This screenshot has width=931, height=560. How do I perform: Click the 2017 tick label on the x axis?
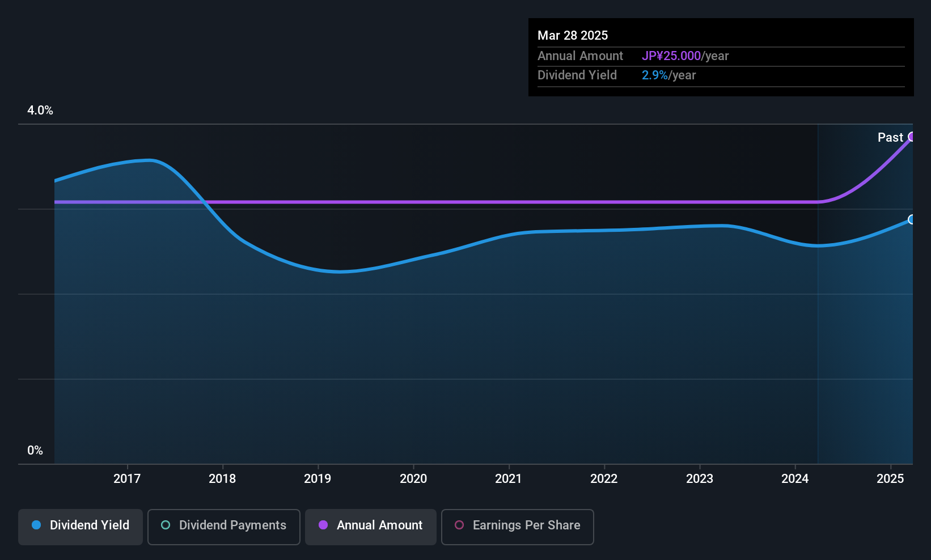coord(127,478)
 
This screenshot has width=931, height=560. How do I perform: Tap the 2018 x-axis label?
coord(222,478)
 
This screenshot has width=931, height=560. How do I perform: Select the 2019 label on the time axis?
coord(318,478)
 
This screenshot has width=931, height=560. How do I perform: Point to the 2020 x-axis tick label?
coord(413,478)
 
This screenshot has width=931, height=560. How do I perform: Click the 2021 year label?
coord(509,478)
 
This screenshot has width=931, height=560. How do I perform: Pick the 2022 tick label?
coord(604,478)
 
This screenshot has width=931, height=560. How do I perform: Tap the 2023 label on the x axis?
coord(700,478)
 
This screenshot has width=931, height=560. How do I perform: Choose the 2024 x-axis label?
coord(795,478)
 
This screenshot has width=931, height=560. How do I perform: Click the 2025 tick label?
coord(890,478)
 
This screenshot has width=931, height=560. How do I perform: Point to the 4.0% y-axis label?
coord(40,111)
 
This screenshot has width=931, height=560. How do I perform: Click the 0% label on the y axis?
coord(35,451)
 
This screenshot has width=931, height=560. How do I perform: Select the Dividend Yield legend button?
coord(80,527)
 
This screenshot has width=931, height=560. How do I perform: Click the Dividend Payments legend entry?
coord(223,527)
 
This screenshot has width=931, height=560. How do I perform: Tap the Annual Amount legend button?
coord(371,527)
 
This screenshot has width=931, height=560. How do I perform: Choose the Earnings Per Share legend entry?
coord(518,527)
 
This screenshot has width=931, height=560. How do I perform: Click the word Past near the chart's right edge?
coord(890,138)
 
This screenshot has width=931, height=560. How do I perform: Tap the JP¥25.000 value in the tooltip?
coord(671,56)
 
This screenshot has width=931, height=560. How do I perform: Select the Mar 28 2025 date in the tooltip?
coord(573,36)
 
